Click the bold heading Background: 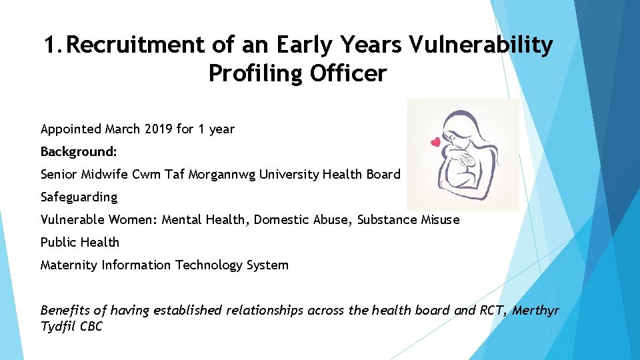coord(79,151)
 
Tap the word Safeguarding coord(79,197)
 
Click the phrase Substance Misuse coord(409,219)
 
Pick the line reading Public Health coord(80,242)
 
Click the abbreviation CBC coord(91,327)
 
